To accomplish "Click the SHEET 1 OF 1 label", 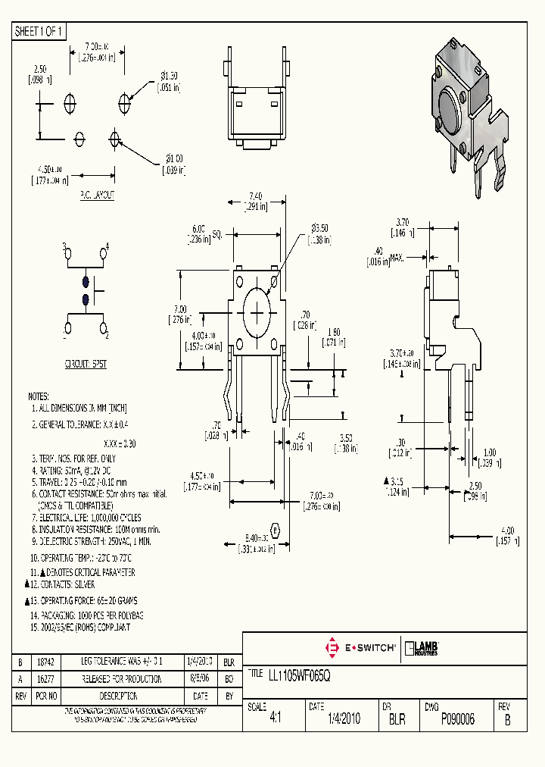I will click(40, 31).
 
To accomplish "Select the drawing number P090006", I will click(457, 720).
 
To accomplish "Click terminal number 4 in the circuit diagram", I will click(107, 246).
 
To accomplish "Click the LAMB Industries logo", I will click(423, 648).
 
